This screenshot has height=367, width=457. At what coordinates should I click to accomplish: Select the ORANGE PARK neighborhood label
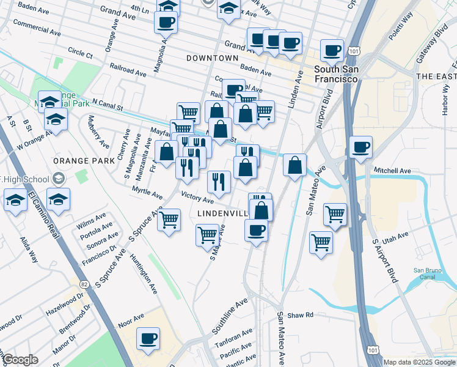coord(84,160)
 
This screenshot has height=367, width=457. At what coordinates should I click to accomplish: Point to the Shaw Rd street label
coord(301,314)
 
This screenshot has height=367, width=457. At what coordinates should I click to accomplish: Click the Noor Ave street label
coord(131,317)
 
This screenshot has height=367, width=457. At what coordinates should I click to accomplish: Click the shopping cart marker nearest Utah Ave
coord(321,243)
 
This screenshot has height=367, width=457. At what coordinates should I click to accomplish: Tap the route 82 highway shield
coord(84,284)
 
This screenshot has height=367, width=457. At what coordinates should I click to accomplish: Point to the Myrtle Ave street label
coord(147,194)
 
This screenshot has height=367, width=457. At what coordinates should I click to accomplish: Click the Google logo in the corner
coord(20,360)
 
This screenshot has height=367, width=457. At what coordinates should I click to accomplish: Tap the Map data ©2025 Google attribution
coord(419,362)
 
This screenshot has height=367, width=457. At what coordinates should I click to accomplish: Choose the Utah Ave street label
coord(395,236)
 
